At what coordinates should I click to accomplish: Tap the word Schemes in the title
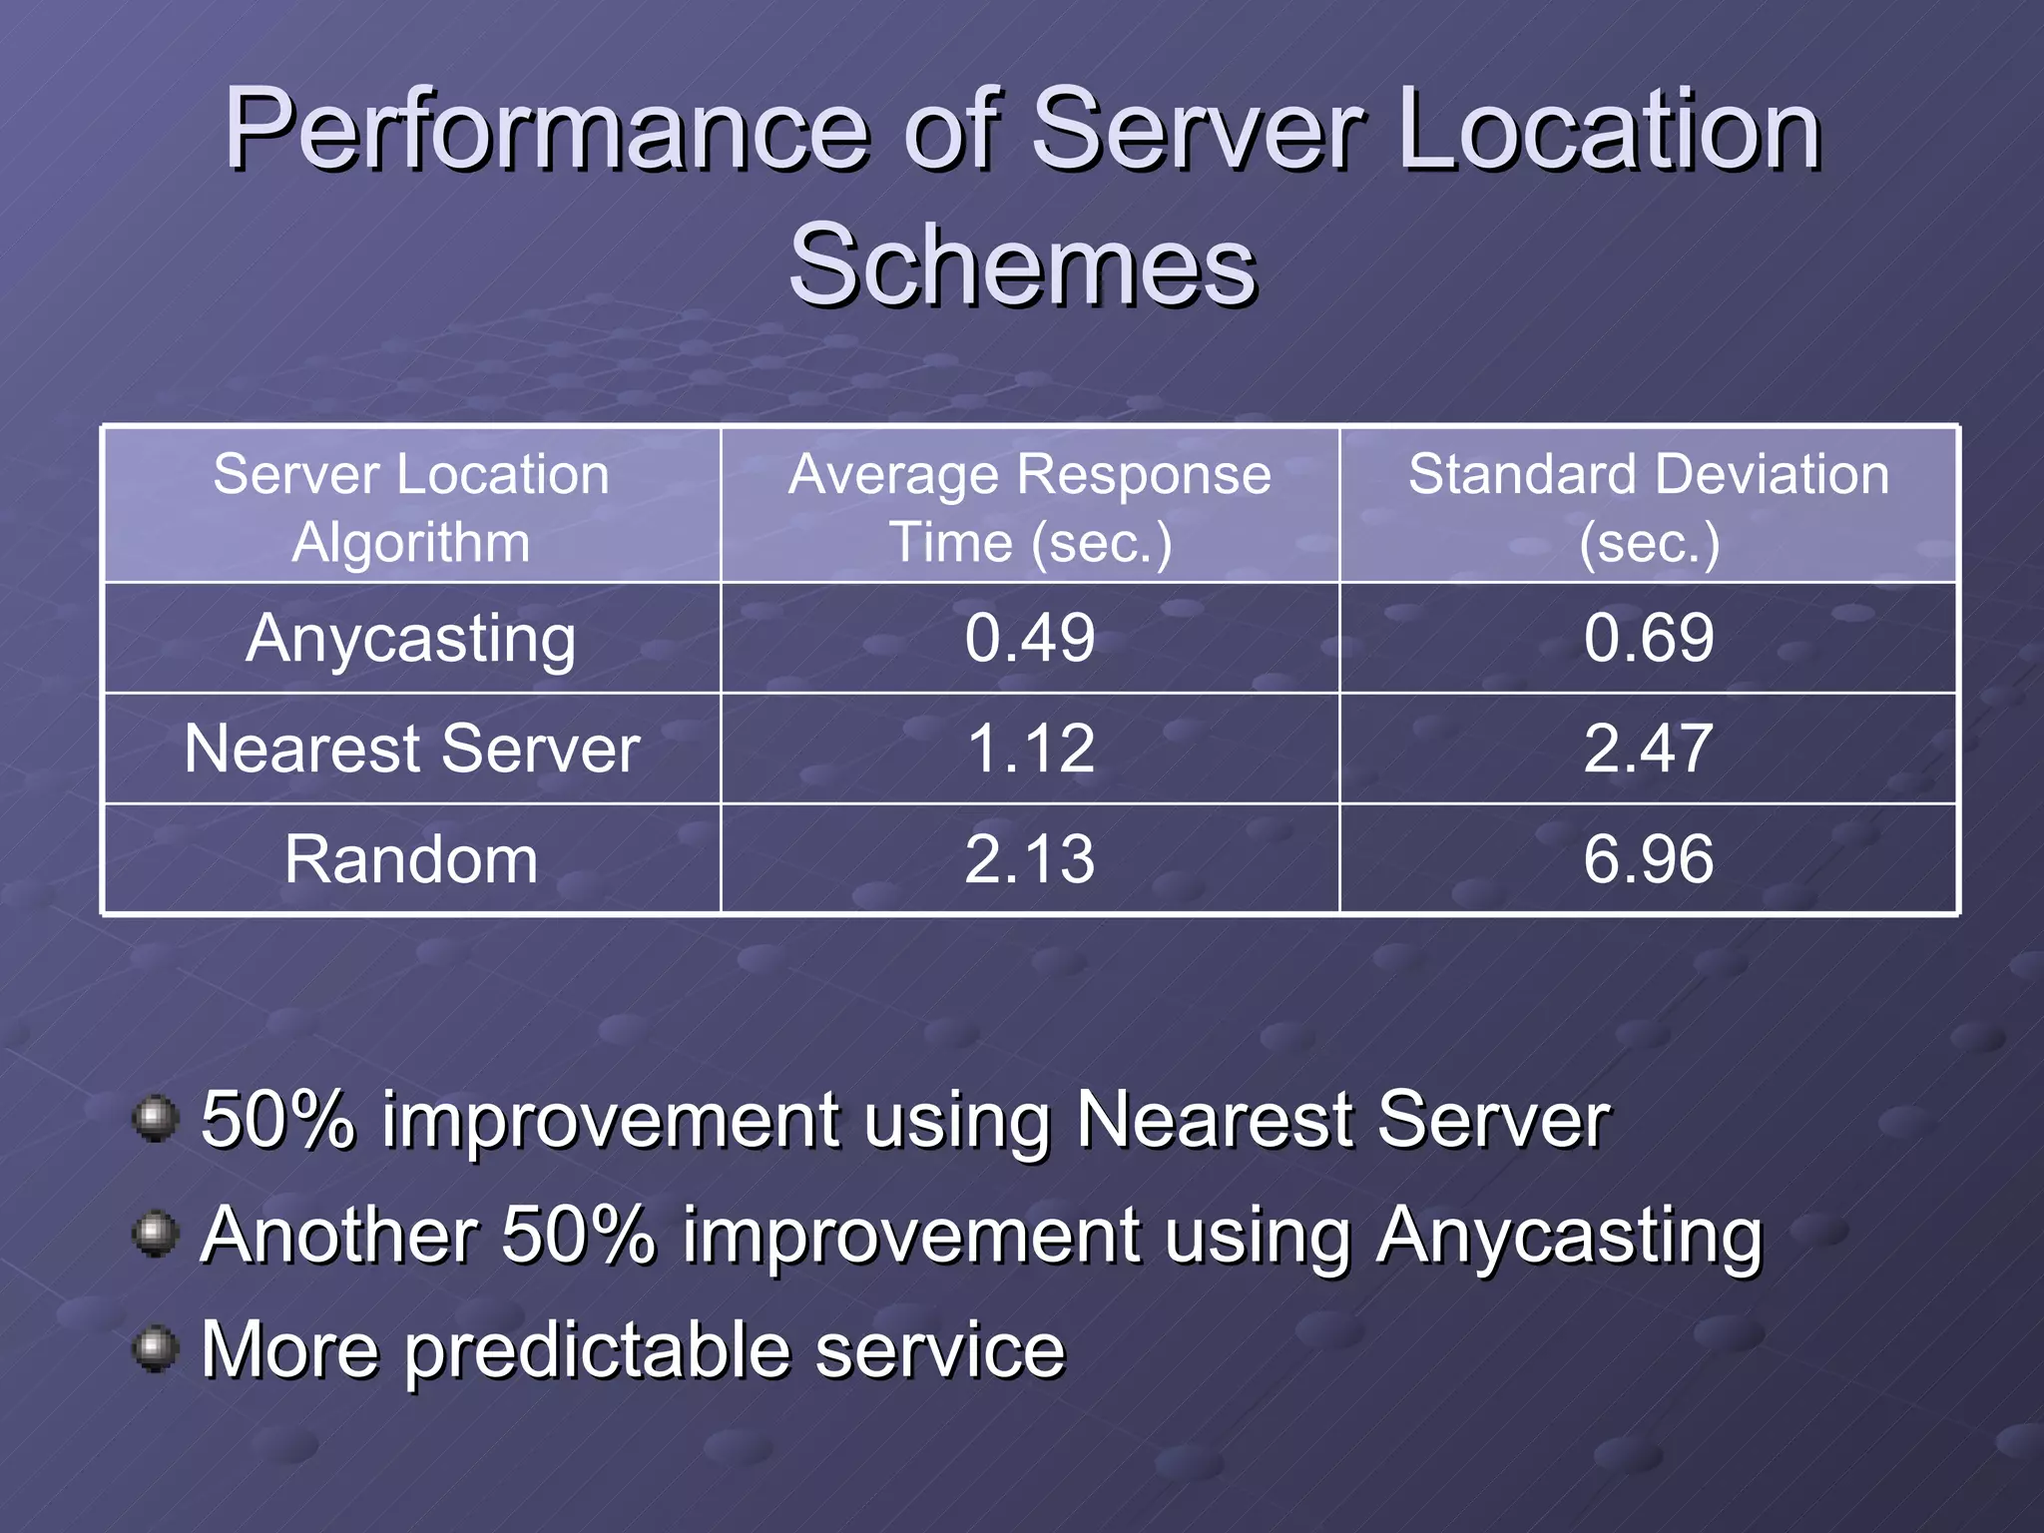[1022, 265]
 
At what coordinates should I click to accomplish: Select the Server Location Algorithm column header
[411, 507]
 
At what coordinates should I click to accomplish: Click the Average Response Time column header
[1030, 507]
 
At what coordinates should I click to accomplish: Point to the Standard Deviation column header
[1649, 507]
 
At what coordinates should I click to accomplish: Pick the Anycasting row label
[411, 639]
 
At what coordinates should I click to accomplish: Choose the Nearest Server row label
[411, 749]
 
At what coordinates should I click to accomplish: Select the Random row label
[411, 859]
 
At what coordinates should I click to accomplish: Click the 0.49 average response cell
[1030, 639]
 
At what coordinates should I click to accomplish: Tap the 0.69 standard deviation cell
[1649, 639]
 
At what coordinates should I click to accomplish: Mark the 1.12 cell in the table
[1030, 749]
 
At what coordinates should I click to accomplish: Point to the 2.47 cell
[1649, 749]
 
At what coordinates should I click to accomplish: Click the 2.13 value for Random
[1030, 859]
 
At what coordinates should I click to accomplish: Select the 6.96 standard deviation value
[1649, 859]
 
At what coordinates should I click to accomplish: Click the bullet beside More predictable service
[155, 1348]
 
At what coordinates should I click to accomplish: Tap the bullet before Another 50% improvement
[155, 1234]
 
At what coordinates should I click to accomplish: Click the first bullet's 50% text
[277, 1121]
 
